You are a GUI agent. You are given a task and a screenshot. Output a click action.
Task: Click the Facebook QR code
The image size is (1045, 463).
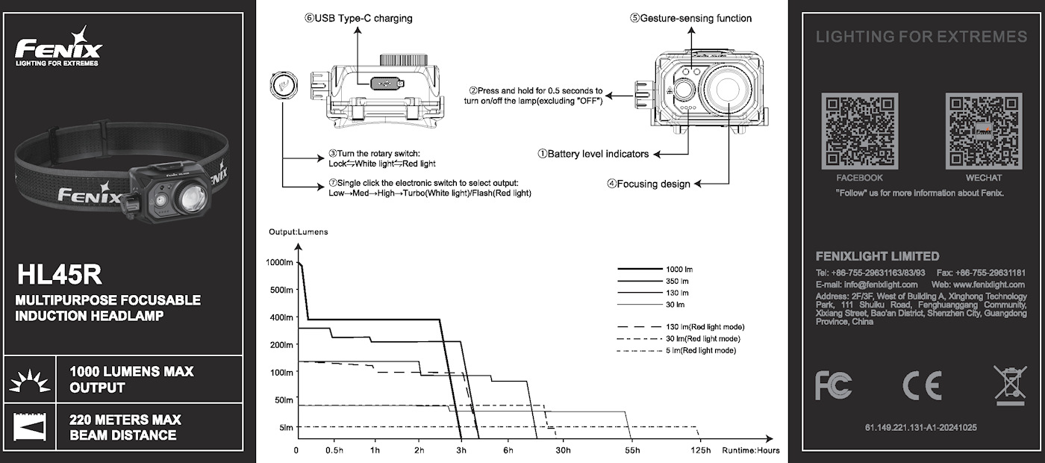859,131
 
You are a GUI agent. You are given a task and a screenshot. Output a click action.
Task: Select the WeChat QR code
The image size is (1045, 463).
983,131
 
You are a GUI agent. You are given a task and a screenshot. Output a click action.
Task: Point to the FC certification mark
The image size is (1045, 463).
833,385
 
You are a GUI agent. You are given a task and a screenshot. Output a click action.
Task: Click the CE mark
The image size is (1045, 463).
921,385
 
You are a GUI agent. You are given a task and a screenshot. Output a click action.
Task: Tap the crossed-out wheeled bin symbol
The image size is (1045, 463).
1010,385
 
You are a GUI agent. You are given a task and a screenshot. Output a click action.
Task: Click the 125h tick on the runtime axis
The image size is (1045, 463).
700,450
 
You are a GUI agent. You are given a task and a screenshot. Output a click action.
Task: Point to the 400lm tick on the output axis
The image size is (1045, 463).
283,317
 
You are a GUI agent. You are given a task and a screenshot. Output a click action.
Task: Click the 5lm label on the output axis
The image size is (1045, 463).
286,427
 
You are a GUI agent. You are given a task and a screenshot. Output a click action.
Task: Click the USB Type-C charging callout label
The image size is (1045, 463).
358,18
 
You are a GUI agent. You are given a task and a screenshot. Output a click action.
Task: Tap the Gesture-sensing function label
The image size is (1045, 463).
690,18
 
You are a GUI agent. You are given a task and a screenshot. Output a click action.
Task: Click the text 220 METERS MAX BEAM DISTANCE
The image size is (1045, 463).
125,427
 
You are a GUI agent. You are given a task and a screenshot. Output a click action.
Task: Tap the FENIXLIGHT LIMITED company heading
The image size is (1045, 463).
877,256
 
